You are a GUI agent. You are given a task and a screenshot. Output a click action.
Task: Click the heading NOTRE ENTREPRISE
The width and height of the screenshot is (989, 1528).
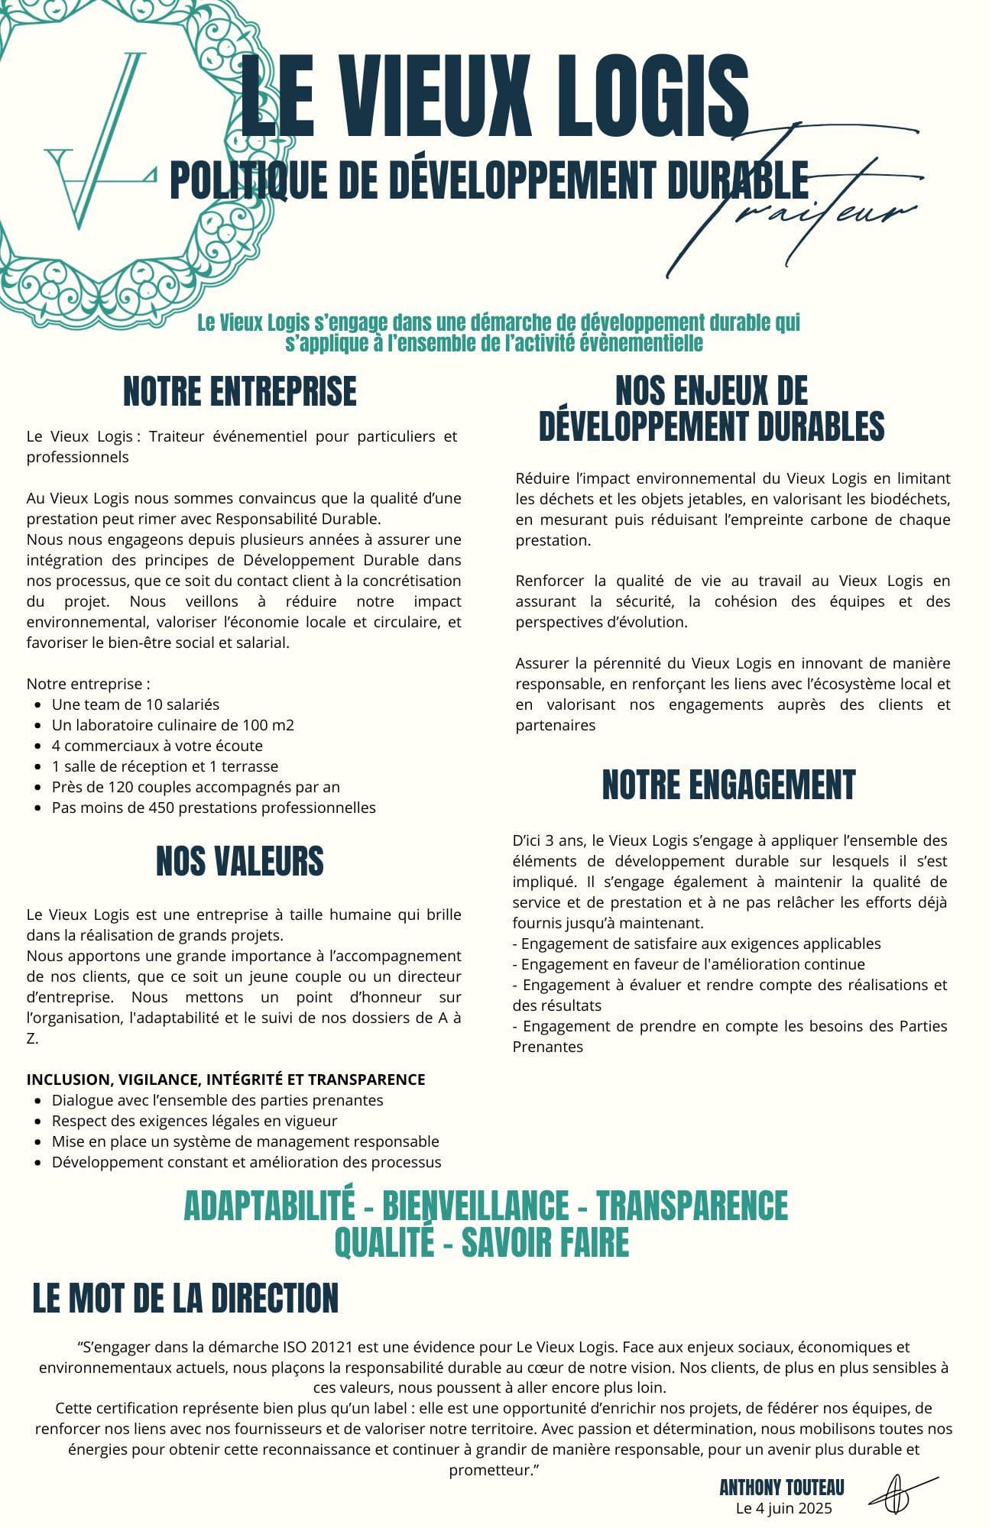click(x=240, y=391)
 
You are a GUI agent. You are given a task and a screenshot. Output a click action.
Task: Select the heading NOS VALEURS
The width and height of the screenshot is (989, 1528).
click(x=240, y=861)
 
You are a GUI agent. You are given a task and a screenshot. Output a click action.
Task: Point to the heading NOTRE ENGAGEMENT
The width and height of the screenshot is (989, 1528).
click(x=728, y=785)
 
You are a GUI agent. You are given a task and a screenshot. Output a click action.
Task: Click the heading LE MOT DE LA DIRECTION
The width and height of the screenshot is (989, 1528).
click(x=185, y=1297)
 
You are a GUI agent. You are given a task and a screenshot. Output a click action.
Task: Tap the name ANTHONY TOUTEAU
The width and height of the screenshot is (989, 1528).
click(x=782, y=1487)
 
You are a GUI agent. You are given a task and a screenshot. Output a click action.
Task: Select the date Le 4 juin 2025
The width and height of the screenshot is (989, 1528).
click(x=783, y=1508)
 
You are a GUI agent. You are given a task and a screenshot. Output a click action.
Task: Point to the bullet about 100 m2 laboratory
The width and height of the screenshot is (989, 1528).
click(x=173, y=725)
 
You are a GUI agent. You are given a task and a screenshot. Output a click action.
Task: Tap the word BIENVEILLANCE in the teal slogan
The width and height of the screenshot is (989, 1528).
click(x=475, y=1206)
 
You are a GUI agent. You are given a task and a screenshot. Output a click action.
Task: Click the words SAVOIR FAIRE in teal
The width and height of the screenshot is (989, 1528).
click(x=545, y=1243)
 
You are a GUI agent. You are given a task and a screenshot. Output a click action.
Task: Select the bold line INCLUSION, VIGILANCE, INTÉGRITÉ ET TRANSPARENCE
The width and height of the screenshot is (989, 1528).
click(x=225, y=1080)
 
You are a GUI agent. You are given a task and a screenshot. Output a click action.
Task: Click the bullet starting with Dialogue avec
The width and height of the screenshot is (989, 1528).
click(x=217, y=1100)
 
